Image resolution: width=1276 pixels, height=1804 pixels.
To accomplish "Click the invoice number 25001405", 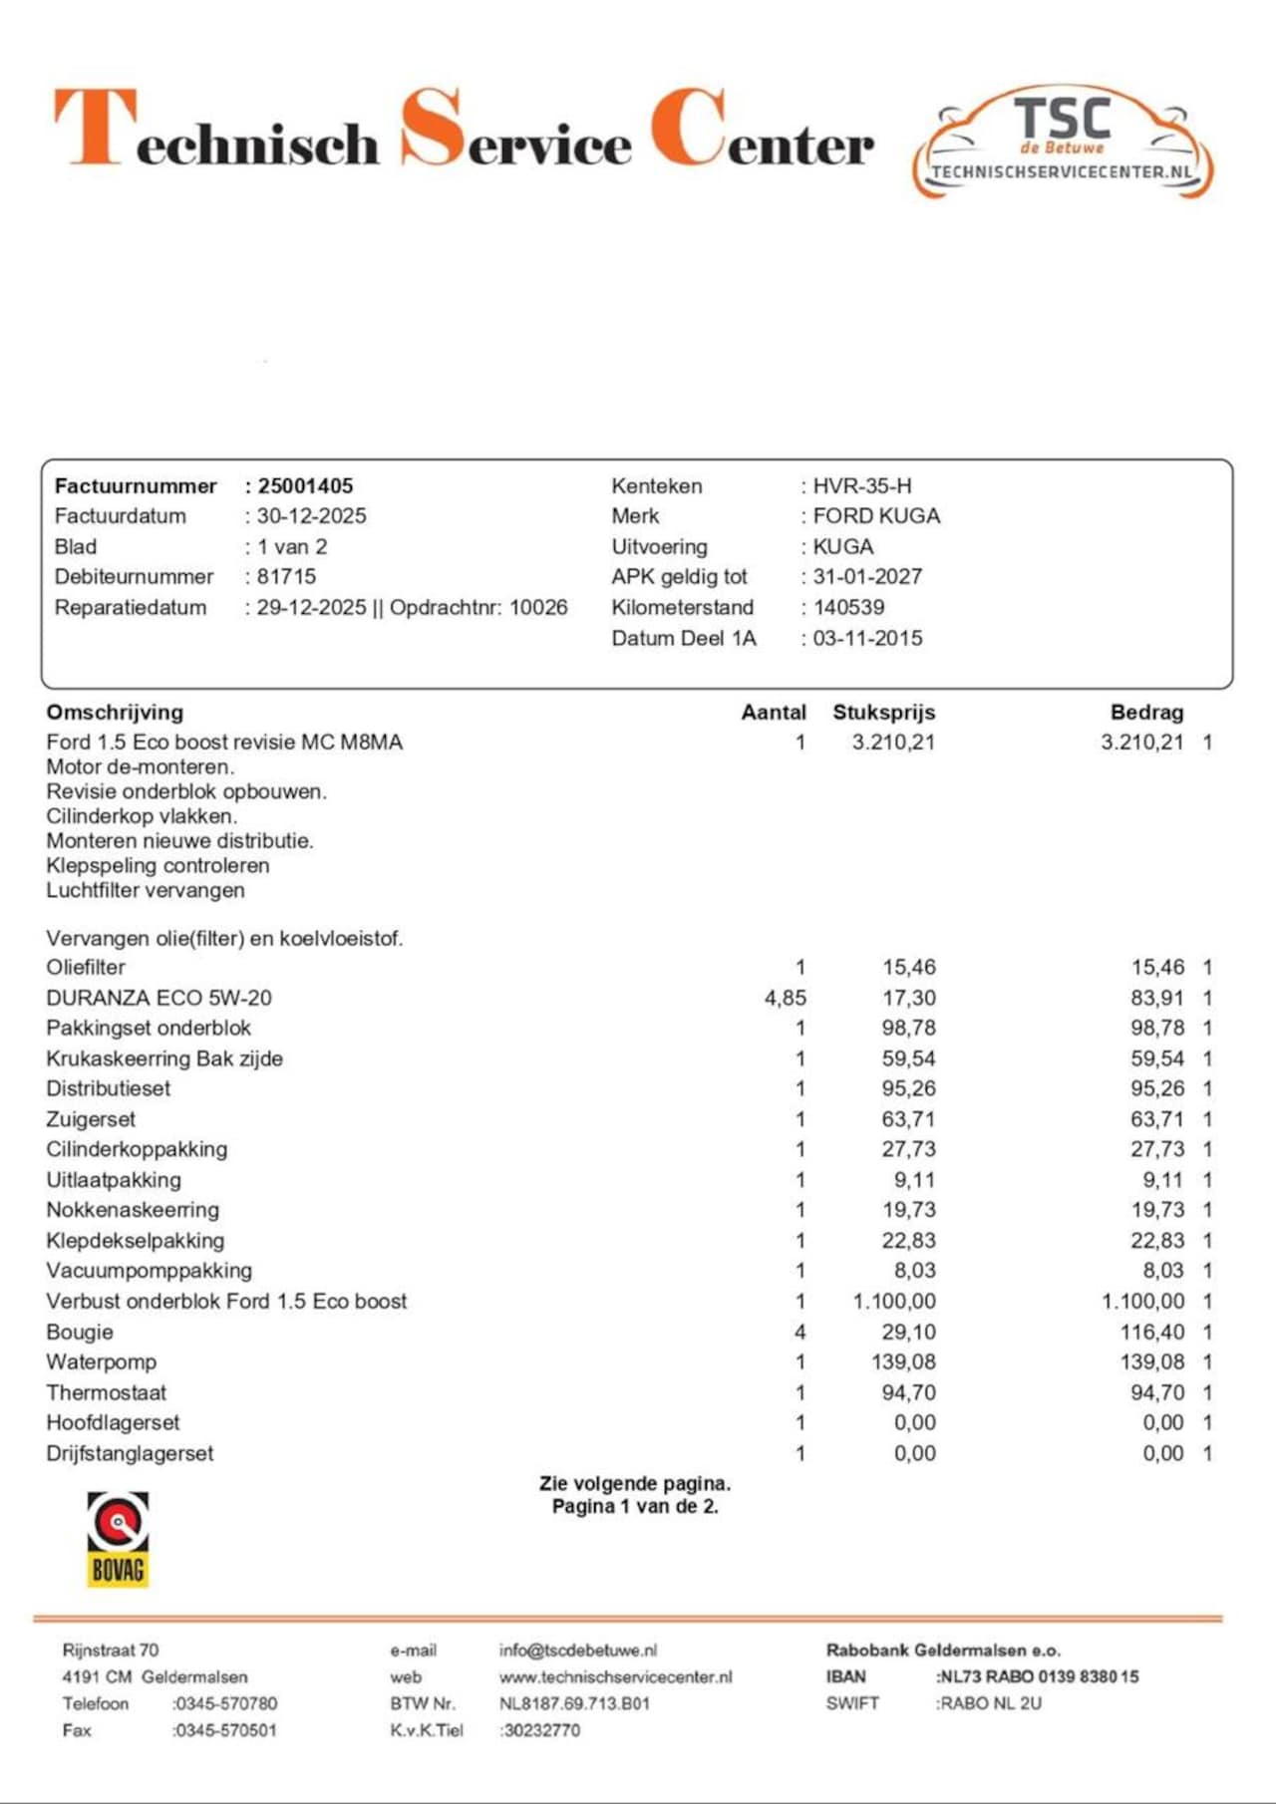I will point(305,486).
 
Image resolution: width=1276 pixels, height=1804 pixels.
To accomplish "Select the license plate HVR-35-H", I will point(862,486).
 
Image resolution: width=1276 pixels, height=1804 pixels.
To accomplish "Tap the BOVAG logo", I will point(118,1539).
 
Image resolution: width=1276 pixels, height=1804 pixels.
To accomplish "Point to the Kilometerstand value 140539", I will point(848,607).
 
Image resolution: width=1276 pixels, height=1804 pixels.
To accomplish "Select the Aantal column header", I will point(774,713).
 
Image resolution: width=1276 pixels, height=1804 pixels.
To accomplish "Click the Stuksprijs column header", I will point(884,713).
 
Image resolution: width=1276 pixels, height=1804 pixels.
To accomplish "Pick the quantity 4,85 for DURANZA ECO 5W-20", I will point(785,998).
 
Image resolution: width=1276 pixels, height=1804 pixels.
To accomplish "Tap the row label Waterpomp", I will point(102,1362).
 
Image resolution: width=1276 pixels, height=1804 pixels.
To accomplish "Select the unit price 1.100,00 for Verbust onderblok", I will point(894,1302).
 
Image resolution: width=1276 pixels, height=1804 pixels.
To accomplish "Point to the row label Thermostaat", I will point(107,1392).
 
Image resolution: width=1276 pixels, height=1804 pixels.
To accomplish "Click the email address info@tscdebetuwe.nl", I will point(578,1651).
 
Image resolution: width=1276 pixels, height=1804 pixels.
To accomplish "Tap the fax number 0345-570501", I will point(225,1730).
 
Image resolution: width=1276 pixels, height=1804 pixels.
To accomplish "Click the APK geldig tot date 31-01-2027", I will point(867,577).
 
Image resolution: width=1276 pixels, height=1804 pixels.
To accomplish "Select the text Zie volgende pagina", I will point(635,1483).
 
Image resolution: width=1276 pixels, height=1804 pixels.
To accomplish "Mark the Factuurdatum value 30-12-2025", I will point(311,516).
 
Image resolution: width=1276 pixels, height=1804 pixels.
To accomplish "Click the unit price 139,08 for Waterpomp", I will point(903,1362).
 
